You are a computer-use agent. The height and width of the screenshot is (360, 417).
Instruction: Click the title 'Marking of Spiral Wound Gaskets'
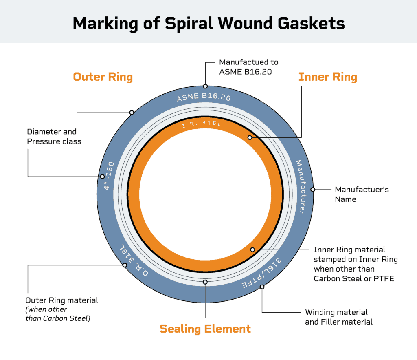(x=208, y=23)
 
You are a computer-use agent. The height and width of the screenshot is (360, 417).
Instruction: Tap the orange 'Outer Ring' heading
(x=103, y=77)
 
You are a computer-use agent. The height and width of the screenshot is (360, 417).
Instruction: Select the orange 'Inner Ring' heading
(x=327, y=77)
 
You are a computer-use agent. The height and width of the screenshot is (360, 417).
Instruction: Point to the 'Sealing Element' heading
(x=205, y=329)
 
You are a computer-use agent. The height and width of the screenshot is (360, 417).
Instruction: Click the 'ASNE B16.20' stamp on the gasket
(x=204, y=98)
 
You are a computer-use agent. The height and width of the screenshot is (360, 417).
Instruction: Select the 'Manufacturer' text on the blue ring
(x=301, y=187)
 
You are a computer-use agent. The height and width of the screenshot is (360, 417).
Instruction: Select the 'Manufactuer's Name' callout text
(x=362, y=194)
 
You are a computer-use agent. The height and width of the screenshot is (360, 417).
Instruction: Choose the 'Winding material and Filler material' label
(x=339, y=317)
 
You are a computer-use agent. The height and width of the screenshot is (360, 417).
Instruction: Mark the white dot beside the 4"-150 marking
(x=102, y=177)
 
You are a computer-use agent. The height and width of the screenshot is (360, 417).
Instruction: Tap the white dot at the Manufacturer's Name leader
(x=313, y=189)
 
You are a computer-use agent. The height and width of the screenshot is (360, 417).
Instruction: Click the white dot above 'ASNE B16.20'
(x=205, y=86)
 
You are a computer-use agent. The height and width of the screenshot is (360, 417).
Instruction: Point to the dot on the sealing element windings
(x=205, y=282)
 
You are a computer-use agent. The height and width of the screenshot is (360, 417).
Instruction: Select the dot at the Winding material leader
(x=262, y=287)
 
